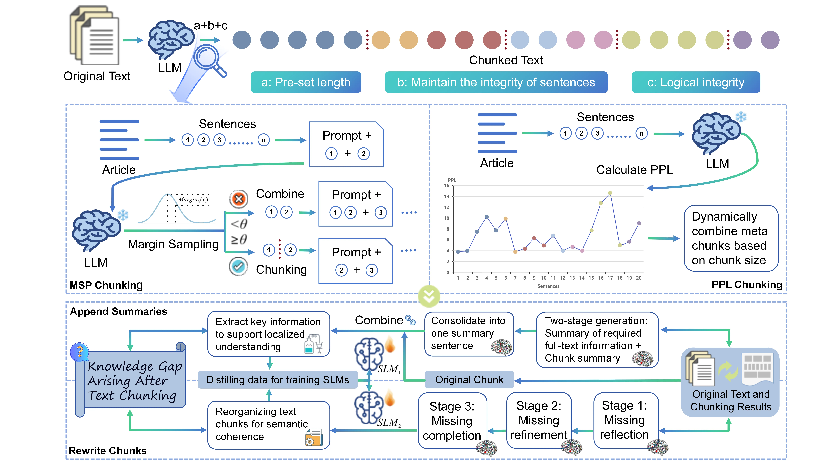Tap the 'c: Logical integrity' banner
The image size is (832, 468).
(x=696, y=82)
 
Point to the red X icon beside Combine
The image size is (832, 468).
(x=239, y=199)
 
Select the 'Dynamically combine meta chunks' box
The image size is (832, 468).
(x=731, y=238)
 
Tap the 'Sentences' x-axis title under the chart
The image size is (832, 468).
(x=548, y=286)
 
